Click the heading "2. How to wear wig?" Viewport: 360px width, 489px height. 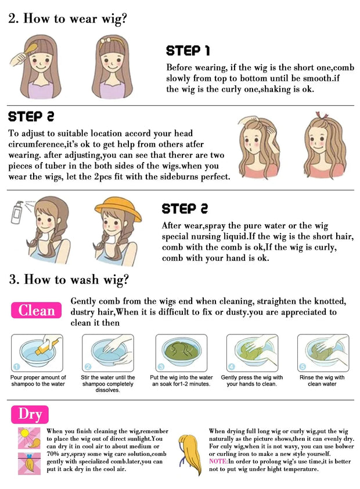tap(67, 18)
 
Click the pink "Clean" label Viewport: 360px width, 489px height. tap(36, 310)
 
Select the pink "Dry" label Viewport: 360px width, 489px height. tap(30, 414)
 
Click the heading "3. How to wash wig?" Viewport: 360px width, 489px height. tap(69, 279)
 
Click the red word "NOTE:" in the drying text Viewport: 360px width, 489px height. tap(219, 461)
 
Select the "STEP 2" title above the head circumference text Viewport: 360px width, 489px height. tap(30, 116)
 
